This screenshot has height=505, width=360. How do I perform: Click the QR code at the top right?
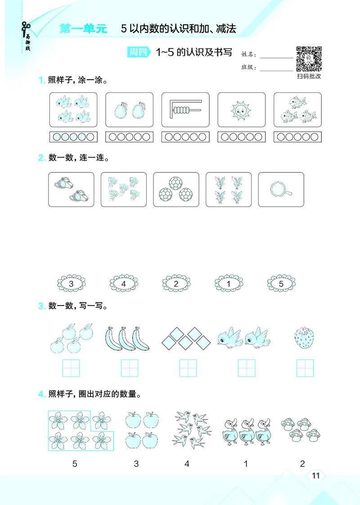point(309,59)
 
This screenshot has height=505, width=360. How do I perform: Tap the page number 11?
point(315,476)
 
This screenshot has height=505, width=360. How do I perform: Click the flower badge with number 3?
point(72,284)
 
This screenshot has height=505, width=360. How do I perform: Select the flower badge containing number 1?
point(229,284)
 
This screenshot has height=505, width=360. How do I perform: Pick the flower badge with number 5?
point(281,284)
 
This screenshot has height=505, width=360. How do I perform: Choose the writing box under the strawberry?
point(305,368)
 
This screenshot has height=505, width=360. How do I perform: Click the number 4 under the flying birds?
point(187,464)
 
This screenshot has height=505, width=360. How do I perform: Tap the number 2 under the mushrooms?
point(302,464)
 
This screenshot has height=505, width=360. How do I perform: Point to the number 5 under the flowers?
point(75,464)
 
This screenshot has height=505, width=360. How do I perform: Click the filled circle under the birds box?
point(57,137)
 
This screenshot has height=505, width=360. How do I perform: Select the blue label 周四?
point(138,52)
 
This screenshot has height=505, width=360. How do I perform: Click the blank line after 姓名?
point(276,57)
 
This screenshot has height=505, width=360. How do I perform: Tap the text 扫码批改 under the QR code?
point(309,77)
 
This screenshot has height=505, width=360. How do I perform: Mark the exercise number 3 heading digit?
point(41,307)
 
